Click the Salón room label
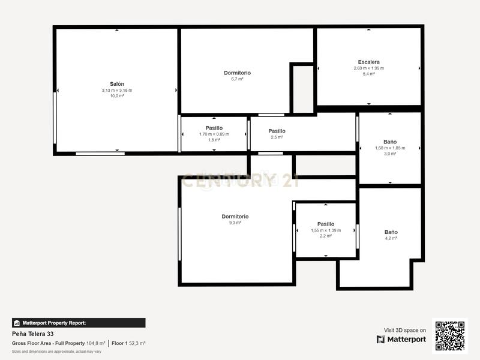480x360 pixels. pos(117,84)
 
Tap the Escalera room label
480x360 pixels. pos(368,62)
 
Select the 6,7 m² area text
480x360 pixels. pos(237,79)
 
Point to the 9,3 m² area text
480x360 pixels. pos(235,223)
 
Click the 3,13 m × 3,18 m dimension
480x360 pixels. pos(117,90)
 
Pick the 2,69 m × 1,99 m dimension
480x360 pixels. pos(368,68)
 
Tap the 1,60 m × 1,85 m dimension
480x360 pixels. pos(390,148)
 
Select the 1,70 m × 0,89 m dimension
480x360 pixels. pos(214,134)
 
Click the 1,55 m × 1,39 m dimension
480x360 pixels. pos(326,230)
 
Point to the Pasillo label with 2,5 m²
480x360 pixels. pos(277,131)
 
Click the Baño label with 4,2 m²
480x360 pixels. pos(391,232)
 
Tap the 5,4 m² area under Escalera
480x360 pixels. pos(368,74)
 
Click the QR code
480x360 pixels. pos(449,335)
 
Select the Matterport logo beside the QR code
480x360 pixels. pos(401,339)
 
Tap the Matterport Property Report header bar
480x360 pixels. pos(79,323)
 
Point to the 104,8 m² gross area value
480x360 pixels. pos(96,343)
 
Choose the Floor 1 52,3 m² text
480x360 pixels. pos(128,343)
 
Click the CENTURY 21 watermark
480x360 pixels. pos(240,180)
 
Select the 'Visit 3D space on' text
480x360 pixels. pos(405,330)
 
